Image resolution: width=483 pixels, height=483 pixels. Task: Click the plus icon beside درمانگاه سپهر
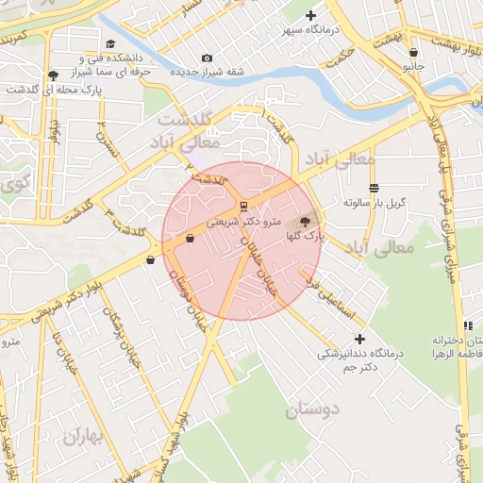coord(310,15)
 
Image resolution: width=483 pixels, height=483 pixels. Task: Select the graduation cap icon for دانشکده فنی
coord(110,44)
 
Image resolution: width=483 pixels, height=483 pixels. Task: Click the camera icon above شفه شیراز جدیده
coord(208,58)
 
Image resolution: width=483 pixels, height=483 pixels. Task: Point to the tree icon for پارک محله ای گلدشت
coord(53,75)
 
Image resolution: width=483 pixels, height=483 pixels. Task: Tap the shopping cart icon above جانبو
coord(413,53)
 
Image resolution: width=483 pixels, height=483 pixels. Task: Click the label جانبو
coord(414,67)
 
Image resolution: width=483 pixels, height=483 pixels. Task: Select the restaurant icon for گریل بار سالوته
coord(375,187)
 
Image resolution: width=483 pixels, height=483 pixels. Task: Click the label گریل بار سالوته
coord(375,202)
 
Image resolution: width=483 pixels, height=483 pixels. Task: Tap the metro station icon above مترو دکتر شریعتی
coord(243,206)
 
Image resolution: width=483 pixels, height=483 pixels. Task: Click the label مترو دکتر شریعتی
coord(243,221)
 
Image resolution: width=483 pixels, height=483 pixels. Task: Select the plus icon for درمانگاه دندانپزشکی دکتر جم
coord(358,338)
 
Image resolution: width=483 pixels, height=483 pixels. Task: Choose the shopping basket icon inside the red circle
coord(190,239)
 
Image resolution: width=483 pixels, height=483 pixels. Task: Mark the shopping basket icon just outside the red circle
coord(150,259)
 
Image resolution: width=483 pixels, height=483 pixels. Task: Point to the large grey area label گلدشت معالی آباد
coord(188,132)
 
